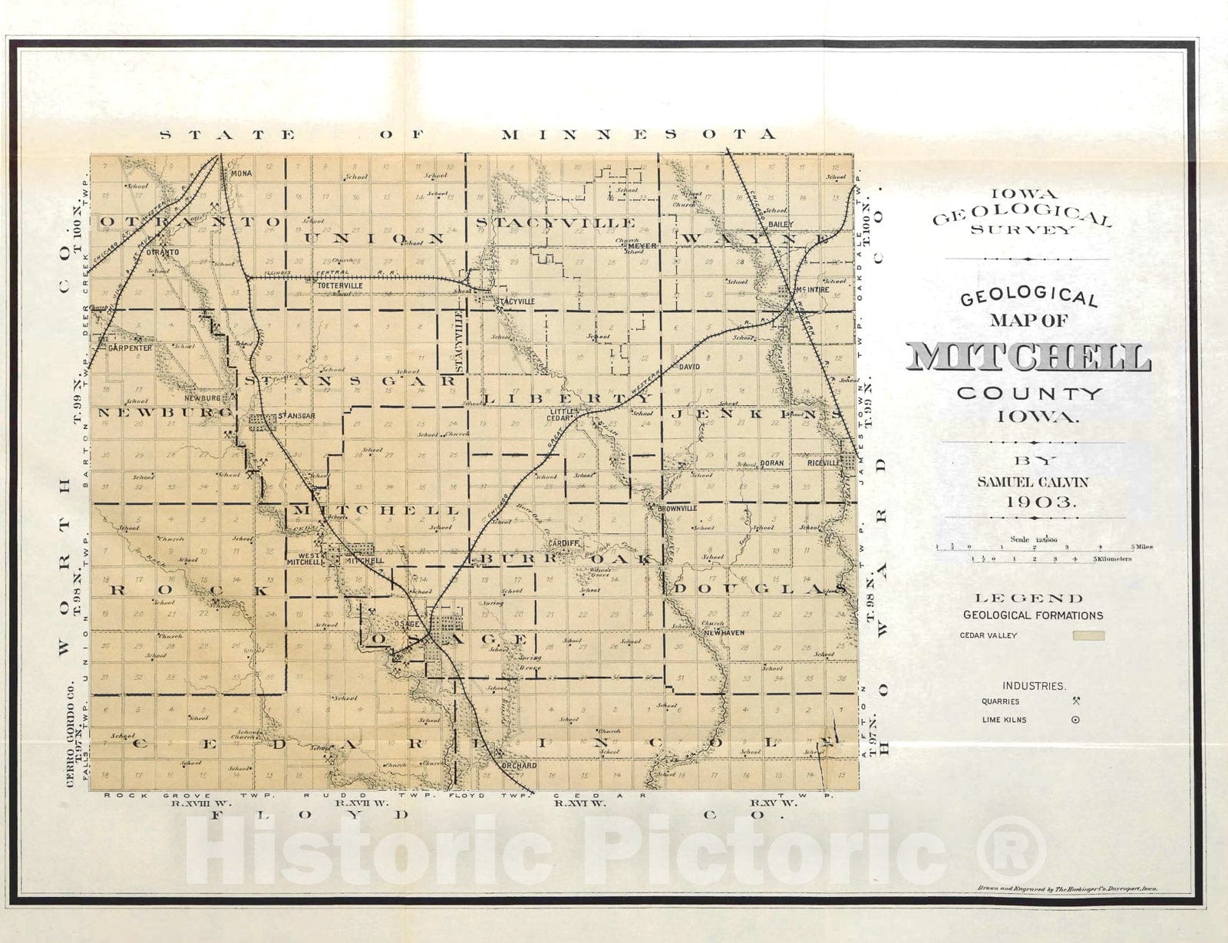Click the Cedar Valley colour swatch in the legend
point(1088,635)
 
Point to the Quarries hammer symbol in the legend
point(1076,701)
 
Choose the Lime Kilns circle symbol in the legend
point(1075,720)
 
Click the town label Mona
point(241,173)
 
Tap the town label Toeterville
point(339,285)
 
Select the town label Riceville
point(823,463)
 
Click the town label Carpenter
point(130,347)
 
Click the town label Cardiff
point(563,542)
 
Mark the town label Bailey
point(781,224)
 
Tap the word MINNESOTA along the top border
point(638,135)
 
